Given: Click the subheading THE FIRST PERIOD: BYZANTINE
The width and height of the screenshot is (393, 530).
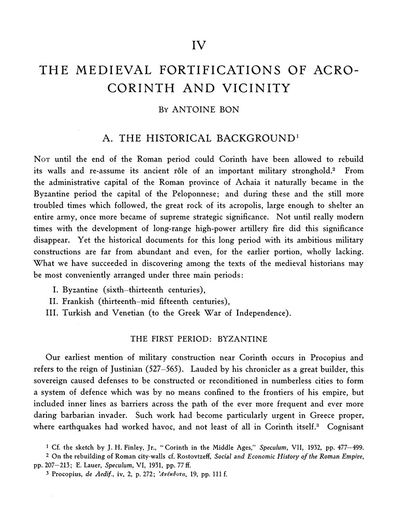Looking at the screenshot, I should [199, 340].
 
